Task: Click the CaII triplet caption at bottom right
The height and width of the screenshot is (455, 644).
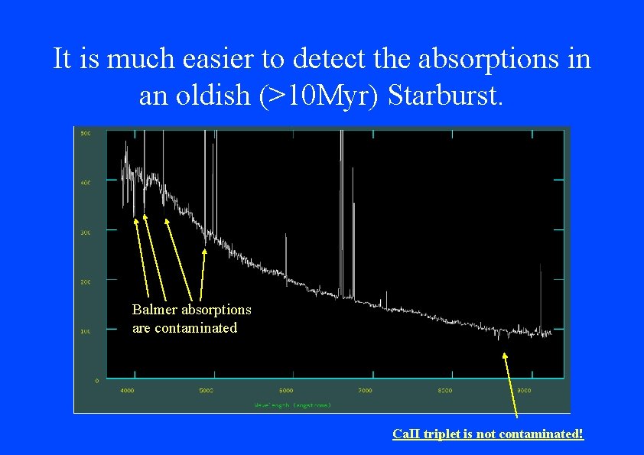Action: (x=487, y=434)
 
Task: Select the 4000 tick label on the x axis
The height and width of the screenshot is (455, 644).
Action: (x=127, y=391)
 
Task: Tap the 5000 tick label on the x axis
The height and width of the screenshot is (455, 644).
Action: (x=207, y=391)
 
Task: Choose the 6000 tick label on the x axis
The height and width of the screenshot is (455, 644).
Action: (x=286, y=391)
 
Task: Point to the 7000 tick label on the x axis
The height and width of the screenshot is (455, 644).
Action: (x=366, y=391)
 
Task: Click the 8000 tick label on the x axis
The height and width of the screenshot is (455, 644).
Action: (x=445, y=391)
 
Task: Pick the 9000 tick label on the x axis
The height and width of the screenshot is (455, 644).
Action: (x=524, y=391)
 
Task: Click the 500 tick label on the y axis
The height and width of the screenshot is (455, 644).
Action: (x=86, y=133)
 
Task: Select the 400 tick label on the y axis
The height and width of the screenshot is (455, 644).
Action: (x=86, y=183)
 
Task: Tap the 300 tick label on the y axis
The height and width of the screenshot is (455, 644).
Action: (x=86, y=232)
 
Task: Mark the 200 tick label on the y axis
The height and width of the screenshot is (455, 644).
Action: (x=86, y=281)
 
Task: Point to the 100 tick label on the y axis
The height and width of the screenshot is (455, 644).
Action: (x=86, y=331)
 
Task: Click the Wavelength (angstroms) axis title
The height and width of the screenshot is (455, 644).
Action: (x=292, y=405)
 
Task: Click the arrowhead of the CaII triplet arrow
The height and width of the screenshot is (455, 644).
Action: (x=504, y=355)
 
